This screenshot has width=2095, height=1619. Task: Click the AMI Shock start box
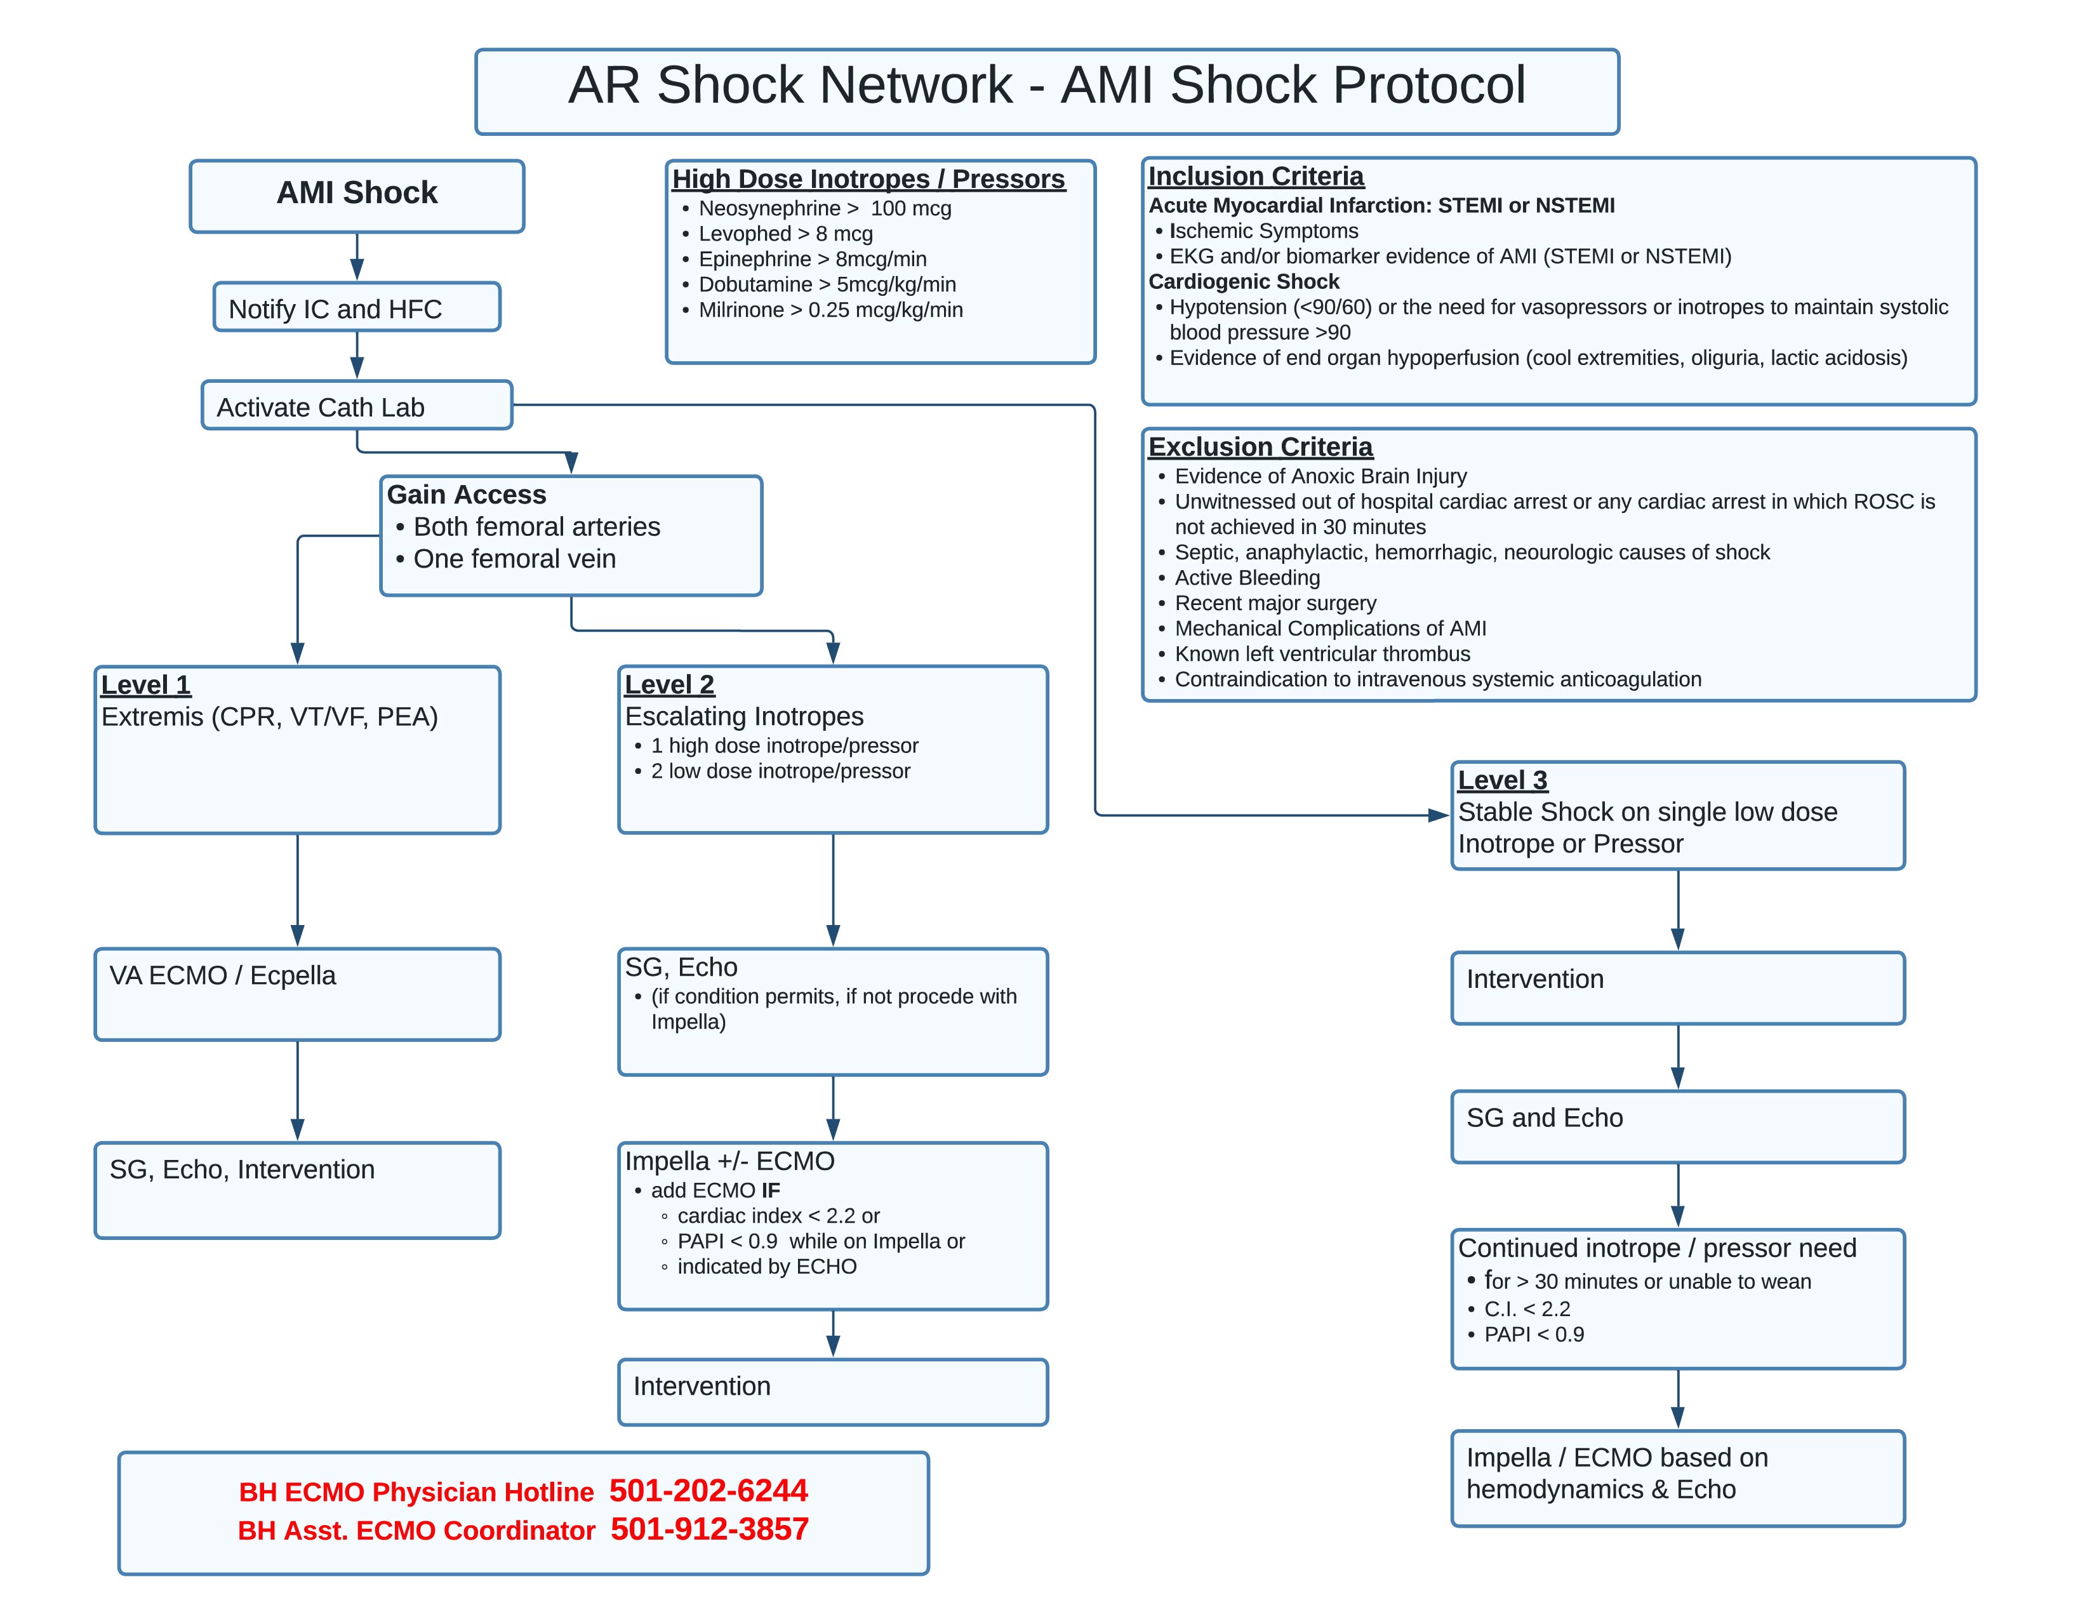point(356,196)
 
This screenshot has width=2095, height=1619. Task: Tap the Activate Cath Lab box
point(356,406)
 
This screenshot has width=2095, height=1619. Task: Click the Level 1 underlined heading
point(146,685)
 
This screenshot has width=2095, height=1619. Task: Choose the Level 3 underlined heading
point(1502,780)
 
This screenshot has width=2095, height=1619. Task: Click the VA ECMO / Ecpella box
point(297,994)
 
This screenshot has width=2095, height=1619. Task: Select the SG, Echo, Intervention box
point(297,1189)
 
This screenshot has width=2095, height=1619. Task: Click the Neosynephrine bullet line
point(824,208)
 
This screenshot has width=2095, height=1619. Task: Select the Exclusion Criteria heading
point(1260,447)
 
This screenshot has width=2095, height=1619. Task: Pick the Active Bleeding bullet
point(1246,577)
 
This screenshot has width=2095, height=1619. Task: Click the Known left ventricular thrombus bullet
point(1321,654)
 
